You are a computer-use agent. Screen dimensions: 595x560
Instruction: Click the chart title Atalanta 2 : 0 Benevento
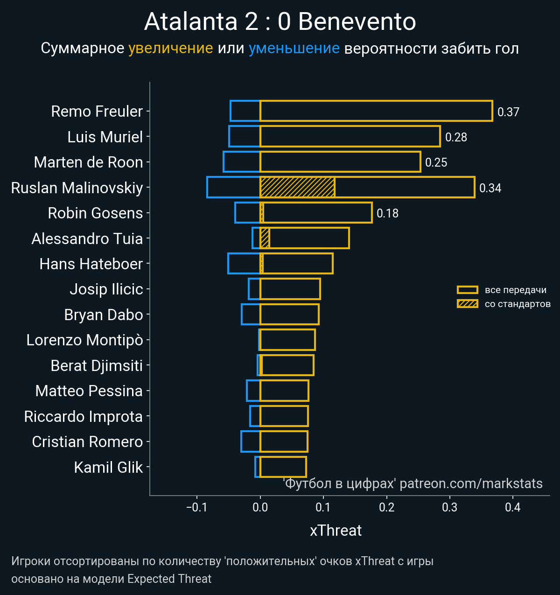coord(280,22)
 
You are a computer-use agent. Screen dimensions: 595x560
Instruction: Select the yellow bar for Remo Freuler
coord(376,111)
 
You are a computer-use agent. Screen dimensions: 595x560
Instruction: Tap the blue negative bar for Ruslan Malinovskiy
coord(233,187)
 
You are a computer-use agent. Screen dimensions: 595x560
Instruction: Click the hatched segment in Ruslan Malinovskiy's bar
coord(297,187)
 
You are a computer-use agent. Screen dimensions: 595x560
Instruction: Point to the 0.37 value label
coord(508,112)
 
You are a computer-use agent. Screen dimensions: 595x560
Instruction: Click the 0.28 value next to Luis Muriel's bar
coord(456,137)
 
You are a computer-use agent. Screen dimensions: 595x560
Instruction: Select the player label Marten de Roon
coord(88,162)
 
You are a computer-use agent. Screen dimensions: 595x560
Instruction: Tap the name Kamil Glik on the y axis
coord(108,467)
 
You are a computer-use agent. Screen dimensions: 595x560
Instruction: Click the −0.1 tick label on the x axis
coord(196,507)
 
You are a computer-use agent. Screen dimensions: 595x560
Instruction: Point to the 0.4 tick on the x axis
coord(512,507)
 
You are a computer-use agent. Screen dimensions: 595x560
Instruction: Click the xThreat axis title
coord(336,531)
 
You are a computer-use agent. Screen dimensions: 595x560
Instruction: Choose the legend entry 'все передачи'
coord(515,290)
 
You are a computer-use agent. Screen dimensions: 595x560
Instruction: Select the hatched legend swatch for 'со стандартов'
coord(468,304)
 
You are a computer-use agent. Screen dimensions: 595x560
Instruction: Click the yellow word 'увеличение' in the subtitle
coord(170,48)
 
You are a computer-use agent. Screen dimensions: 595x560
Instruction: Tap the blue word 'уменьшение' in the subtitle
coord(294,48)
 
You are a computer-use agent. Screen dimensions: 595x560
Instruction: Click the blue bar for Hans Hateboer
coord(244,263)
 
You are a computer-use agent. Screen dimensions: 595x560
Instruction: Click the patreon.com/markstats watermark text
coord(471,483)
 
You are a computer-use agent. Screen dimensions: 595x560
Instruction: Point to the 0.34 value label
coord(490,188)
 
